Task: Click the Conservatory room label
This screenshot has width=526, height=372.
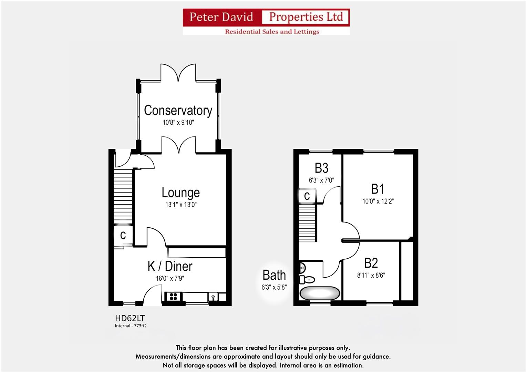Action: (178, 111)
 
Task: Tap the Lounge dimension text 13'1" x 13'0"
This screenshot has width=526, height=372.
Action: (181, 205)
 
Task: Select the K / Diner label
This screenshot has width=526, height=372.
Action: (170, 266)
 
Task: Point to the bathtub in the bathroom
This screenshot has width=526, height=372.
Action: (320, 293)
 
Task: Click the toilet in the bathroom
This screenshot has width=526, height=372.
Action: (307, 279)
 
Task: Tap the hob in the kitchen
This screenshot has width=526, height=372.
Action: (173, 296)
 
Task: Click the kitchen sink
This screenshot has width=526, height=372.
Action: (213, 297)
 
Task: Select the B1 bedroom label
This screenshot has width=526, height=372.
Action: (378, 189)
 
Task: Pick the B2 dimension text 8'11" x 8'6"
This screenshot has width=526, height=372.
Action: (371, 275)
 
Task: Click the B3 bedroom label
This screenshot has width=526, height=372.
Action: (321, 168)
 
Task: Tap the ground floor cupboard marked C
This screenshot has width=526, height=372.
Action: (123, 236)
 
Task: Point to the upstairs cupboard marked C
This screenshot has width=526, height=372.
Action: (307, 196)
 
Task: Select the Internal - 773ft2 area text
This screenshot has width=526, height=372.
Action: (131, 326)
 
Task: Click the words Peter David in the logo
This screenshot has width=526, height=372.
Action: (221, 17)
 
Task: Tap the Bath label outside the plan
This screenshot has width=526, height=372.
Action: (274, 275)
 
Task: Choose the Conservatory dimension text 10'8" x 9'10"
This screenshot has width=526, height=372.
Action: (178, 122)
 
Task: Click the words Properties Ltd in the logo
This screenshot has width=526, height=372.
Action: (306, 17)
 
